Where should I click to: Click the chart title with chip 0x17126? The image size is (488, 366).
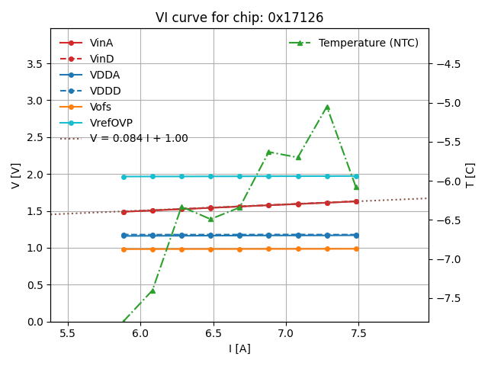pos(239,18)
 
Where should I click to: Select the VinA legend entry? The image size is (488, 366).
pos(101,43)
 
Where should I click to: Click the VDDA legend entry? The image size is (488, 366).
pos(104,75)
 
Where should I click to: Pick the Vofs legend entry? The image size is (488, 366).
pos(101,108)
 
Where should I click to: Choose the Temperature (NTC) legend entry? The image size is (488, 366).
pos(368,43)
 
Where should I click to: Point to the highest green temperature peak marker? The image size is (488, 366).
pos(327,108)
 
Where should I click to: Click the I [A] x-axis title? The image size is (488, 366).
pos(239,349)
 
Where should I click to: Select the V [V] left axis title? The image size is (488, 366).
pos(15,175)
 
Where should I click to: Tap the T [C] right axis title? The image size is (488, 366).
pos(470,175)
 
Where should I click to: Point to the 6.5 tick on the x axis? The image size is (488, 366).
pos(213,334)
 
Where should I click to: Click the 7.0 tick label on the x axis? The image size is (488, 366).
pos(286,334)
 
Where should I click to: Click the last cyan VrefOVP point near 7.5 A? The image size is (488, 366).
pos(356,176)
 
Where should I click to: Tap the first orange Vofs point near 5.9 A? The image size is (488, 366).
pos(124,249)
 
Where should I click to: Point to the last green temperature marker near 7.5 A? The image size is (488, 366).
pos(356,187)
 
